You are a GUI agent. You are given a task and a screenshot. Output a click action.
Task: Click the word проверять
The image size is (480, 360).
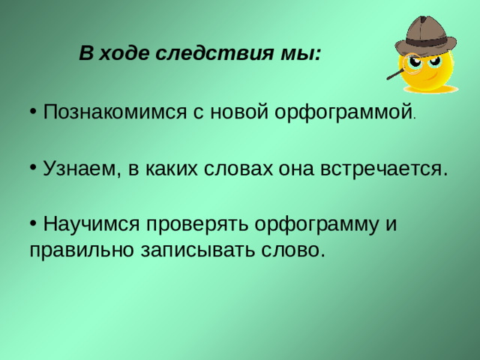coord(199,224)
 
